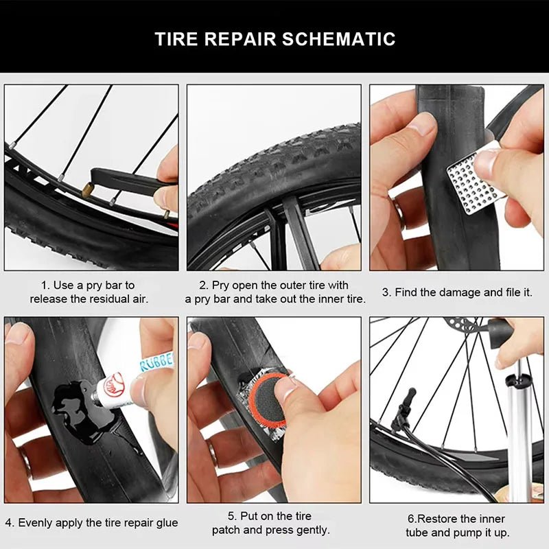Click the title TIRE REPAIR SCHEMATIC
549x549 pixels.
pos(274,38)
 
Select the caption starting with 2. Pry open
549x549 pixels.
pos(274,292)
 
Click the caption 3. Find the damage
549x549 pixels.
pos(457,292)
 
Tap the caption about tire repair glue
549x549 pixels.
pos(91,523)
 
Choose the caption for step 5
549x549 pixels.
pos(270,523)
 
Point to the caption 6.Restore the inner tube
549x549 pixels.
pos(456,526)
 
